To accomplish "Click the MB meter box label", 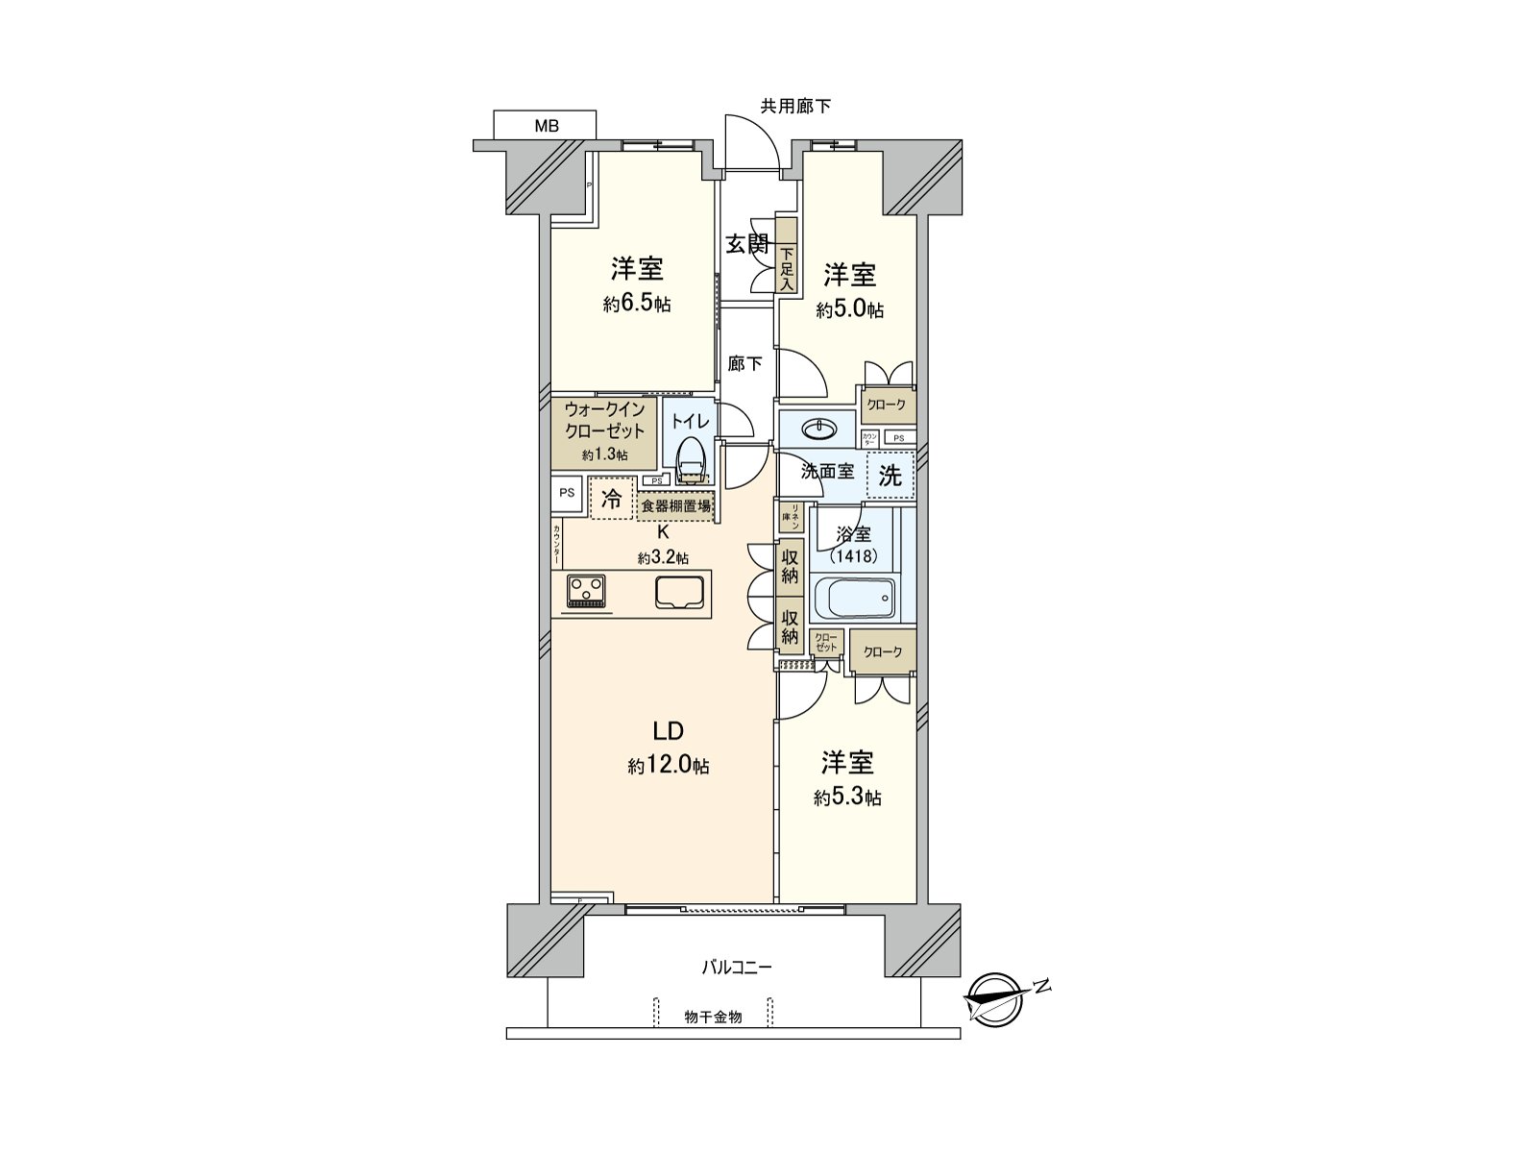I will point(546,126).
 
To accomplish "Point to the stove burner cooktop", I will point(586,591).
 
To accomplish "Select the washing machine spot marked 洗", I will point(890,476).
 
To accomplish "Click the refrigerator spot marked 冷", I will point(611,499).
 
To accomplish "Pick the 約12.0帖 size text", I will point(669,767).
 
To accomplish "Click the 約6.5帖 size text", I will point(637,305).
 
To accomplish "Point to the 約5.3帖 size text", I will point(847,797).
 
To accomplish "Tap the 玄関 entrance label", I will point(746,244).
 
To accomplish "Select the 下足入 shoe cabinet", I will point(787,256).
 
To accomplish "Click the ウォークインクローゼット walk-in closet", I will point(604,431).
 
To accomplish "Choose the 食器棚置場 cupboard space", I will point(676,505).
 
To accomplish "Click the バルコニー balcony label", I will point(736,968).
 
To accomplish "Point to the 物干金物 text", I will point(713,1016).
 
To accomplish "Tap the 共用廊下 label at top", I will point(795,107).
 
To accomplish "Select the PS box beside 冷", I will point(567,493).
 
